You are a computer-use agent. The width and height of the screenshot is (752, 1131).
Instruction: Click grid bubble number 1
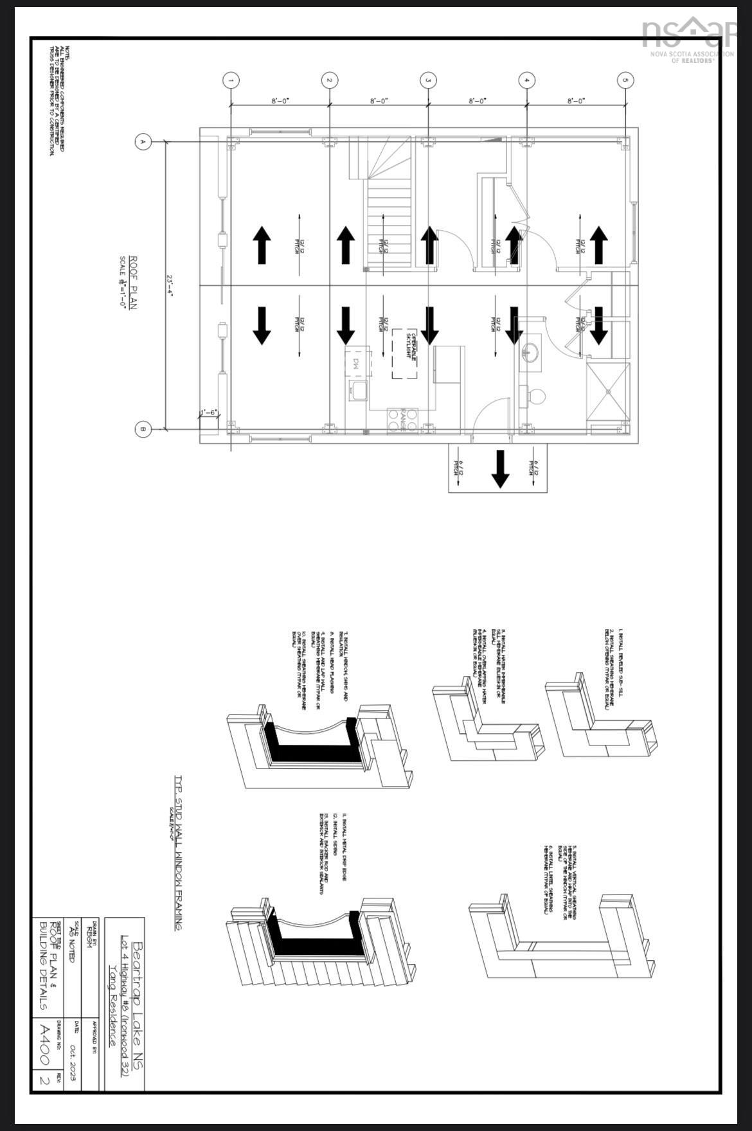tap(231, 80)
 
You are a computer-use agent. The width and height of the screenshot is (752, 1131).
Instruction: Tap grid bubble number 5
tap(625, 80)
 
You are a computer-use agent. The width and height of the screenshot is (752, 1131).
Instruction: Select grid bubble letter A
tap(143, 141)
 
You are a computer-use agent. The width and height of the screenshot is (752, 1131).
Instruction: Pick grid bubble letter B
tap(143, 430)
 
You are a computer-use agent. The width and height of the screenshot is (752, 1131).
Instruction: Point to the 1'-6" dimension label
tap(209, 413)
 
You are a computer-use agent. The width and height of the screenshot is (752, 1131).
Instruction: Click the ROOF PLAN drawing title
tap(134, 283)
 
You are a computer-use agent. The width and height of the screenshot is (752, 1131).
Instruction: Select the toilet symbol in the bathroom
tap(533, 395)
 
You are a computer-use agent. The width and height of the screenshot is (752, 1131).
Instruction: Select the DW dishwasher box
tap(357, 362)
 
